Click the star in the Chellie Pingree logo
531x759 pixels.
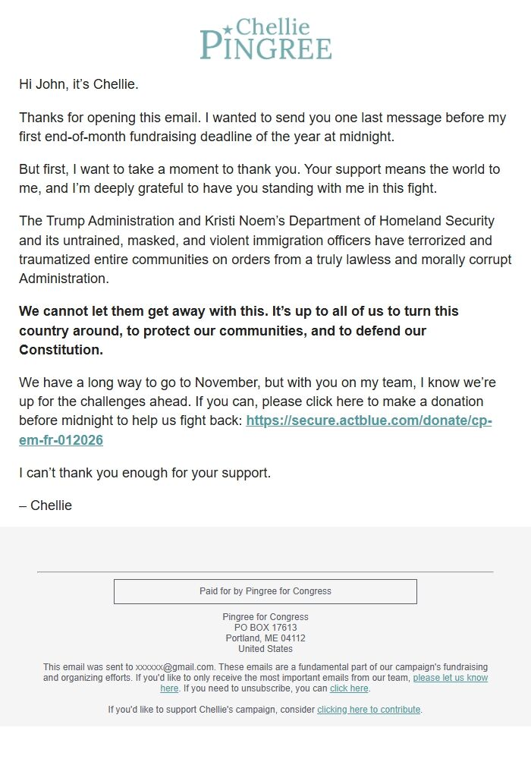tap(227, 29)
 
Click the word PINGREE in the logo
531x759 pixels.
tap(265, 46)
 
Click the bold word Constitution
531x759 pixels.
tap(61, 350)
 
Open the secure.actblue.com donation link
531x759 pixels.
tap(369, 420)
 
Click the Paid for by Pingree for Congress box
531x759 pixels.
tap(265, 591)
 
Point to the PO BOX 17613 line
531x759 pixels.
tap(265, 628)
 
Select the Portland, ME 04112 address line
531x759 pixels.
tap(265, 638)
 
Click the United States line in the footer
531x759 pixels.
tap(265, 649)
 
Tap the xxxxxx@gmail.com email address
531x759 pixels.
tap(174, 667)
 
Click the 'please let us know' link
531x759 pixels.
tap(450, 678)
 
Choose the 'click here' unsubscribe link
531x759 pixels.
tap(349, 688)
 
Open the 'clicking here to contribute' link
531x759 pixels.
tap(369, 710)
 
